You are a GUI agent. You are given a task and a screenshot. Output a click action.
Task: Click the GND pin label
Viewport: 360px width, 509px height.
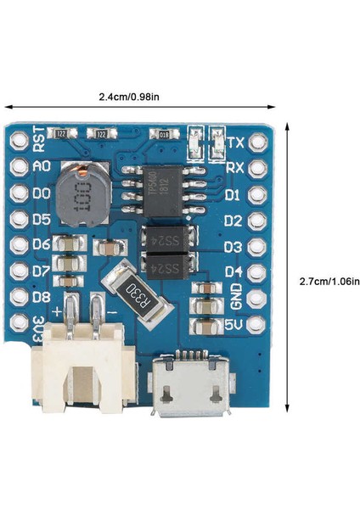point(235,297)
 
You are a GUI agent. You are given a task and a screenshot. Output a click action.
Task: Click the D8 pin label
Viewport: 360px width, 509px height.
point(41,298)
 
